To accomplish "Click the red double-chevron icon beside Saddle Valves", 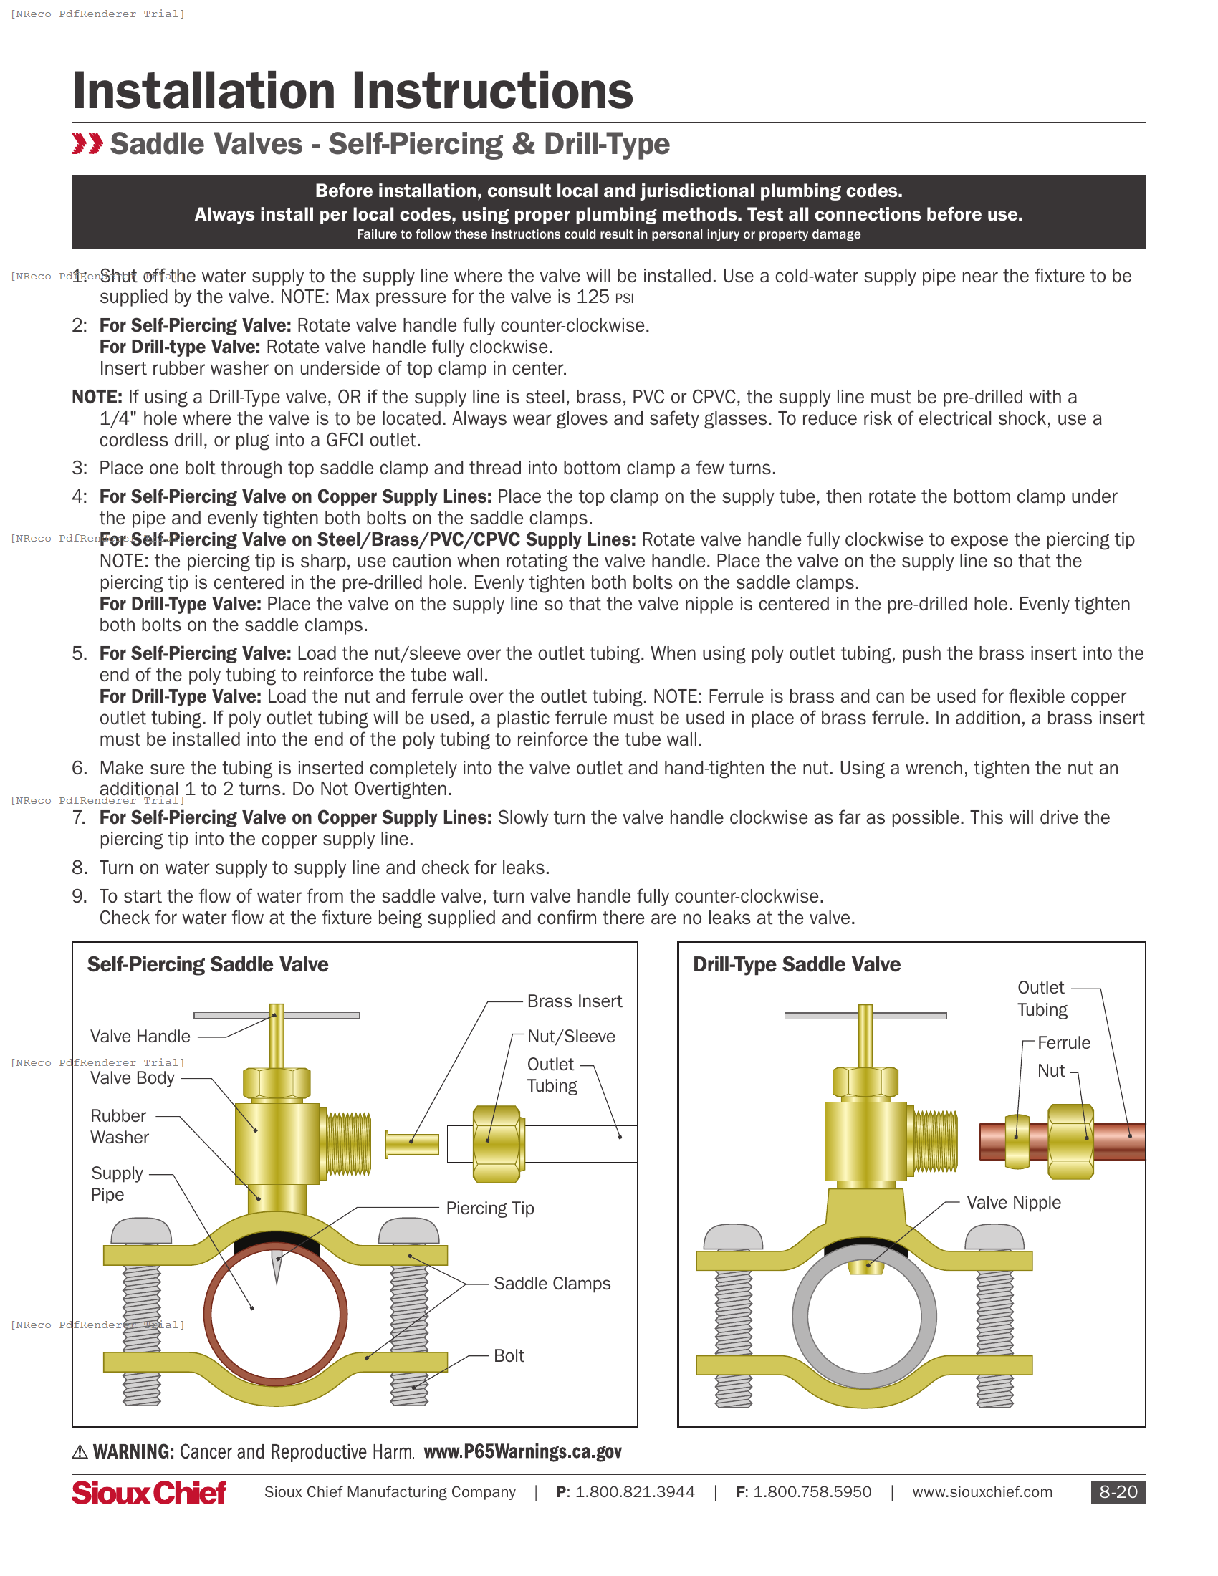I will [x=87, y=143].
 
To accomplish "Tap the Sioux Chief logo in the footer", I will [x=148, y=1493].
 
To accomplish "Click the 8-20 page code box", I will [x=1117, y=1492].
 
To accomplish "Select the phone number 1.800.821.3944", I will [x=634, y=1492].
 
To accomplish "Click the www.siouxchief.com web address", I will [x=982, y=1492].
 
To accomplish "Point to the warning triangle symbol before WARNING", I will [x=80, y=1452].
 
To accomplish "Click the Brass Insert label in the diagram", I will [x=574, y=1001].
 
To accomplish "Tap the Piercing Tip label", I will [x=490, y=1209].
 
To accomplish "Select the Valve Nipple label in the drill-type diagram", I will [x=1013, y=1203].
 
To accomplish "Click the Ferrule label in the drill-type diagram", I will [x=1063, y=1044].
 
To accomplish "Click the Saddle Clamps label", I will [x=551, y=1284].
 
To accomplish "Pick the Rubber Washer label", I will [x=119, y=1126].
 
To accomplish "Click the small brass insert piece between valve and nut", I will [x=412, y=1144].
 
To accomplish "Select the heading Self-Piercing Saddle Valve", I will [x=208, y=965].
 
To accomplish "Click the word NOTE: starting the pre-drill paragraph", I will [x=97, y=398].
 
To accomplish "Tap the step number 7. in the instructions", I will [x=80, y=817].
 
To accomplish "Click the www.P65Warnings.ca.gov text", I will [x=522, y=1452].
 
